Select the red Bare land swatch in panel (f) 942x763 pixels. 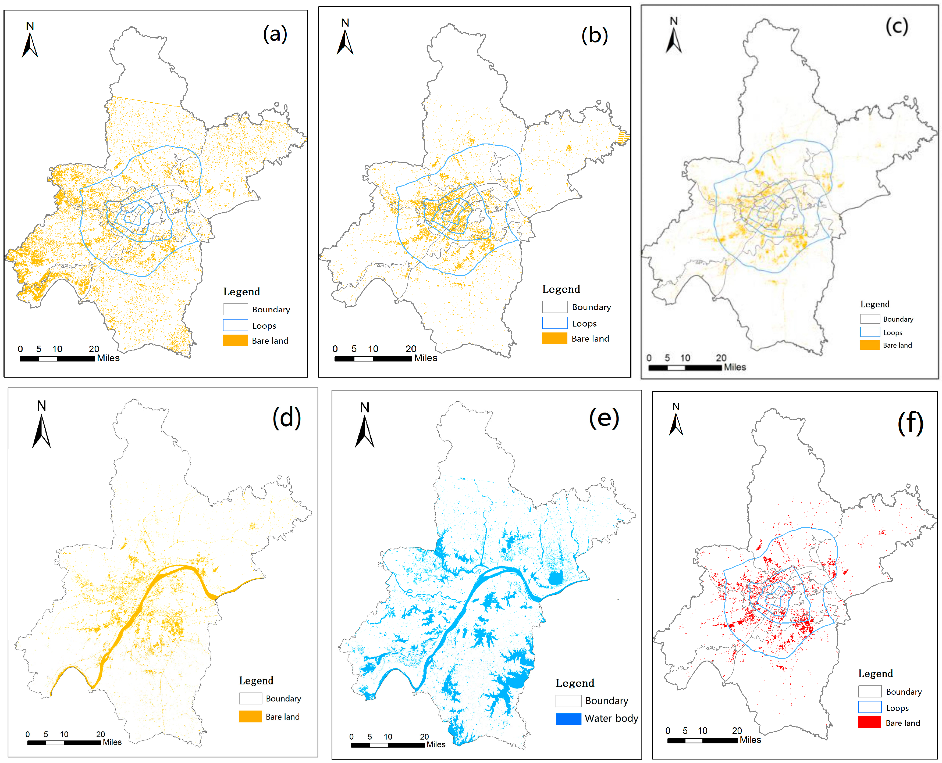click(869, 722)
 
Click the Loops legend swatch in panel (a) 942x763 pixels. click(235, 325)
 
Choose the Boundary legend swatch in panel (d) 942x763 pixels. click(250, 698)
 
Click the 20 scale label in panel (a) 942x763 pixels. click(94, 349)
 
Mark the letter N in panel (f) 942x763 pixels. click(676, 407)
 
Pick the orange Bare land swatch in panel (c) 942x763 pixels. click(869, 345)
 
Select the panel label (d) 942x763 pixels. click(286, 418)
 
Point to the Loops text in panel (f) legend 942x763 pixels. click(897, 708)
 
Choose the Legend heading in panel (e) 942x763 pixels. click(575, 683)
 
